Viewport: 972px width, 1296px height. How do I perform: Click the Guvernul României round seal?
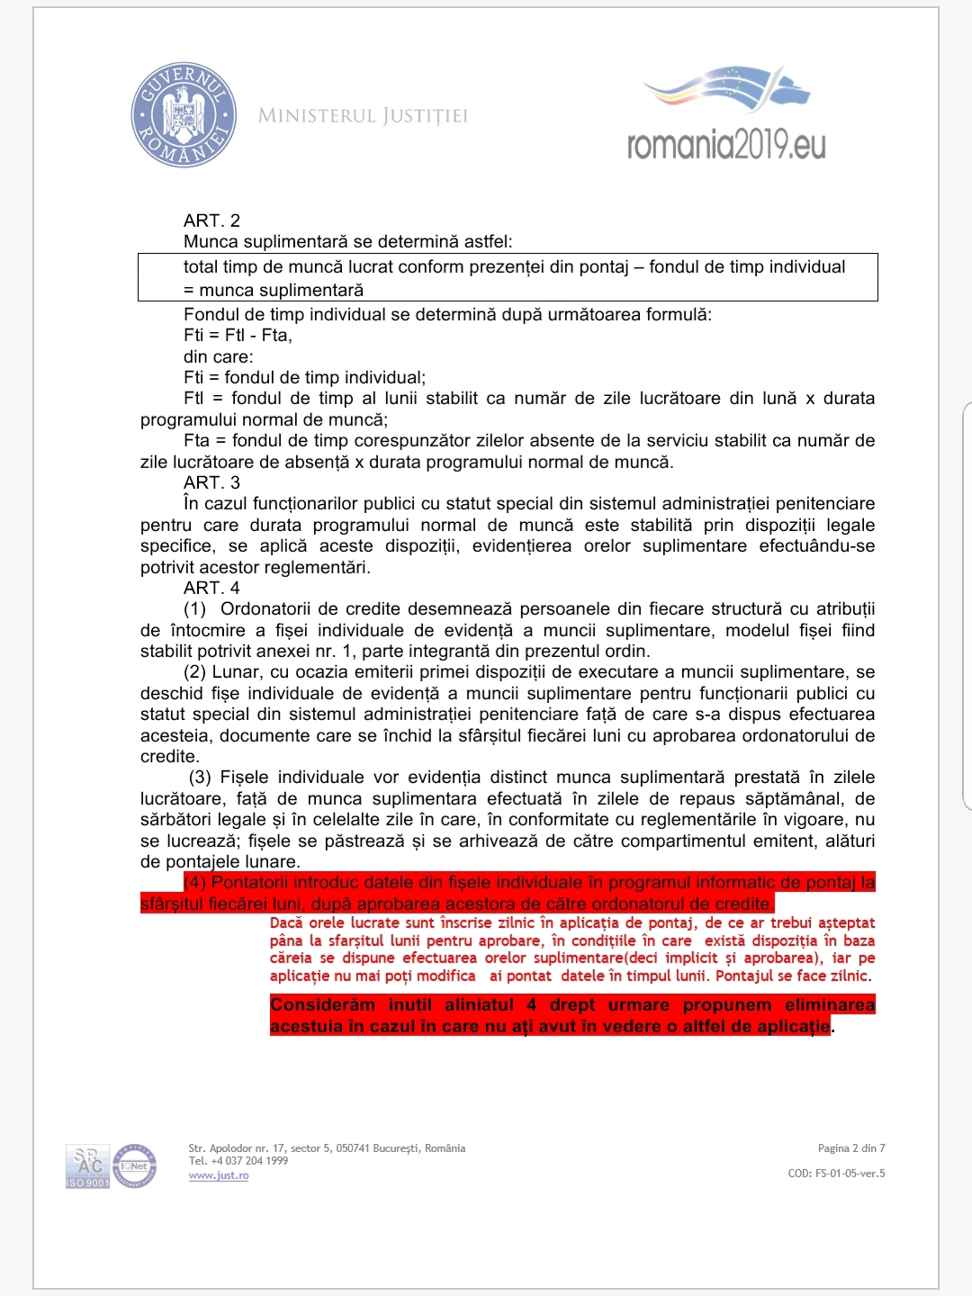coord(184,114)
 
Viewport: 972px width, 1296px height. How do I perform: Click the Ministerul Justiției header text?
coord(363,116)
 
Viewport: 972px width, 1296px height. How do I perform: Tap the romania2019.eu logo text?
coord(726,144)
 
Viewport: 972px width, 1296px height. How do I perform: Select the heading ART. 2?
coord(211,220)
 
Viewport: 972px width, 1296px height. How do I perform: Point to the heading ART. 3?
coord(211,482)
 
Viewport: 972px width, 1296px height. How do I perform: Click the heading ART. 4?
coord(211,588)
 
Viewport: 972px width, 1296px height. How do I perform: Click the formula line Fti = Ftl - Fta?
coord(238,336)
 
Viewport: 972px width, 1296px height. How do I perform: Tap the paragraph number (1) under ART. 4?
coord(195,609)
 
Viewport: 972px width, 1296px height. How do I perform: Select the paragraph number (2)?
coord(195,672)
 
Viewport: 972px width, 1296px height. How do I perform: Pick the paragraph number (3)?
coord(200,778)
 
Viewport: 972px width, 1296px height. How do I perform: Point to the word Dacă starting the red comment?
coord(286,923)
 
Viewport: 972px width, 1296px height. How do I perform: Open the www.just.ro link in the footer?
coord(219,1175)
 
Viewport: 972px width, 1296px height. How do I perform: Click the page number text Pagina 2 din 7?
coord(850,1148)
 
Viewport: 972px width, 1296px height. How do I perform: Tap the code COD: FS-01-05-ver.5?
coord(836,1174)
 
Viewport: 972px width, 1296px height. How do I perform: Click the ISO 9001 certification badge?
coord(87,1167)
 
